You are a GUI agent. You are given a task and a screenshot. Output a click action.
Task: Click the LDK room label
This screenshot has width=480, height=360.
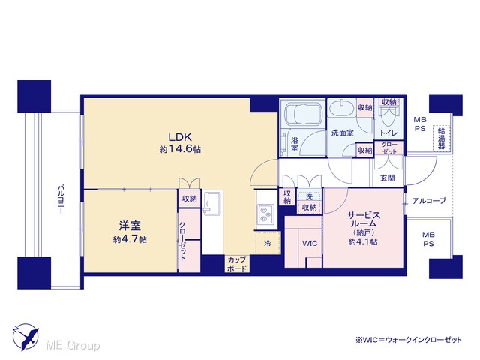pyautogui.click(x=181, y=136)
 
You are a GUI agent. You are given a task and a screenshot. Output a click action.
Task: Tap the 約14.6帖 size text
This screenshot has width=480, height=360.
pyautogui.click(x=180, y=149)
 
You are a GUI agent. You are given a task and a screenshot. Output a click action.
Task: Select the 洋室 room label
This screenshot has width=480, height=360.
pyautogui.click(x=130, y=226)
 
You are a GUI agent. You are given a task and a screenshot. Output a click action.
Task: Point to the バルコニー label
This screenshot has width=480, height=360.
pyautogui.click(x=61, y=199)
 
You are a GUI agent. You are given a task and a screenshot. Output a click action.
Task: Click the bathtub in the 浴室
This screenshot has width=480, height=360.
pyautogui.click(x=303, y=113)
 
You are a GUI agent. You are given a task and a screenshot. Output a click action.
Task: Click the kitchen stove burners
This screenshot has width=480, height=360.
pyautogui.click(x=263, y=214)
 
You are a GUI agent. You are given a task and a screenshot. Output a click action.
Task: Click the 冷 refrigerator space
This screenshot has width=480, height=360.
pyautogui.click(x=268, y=243)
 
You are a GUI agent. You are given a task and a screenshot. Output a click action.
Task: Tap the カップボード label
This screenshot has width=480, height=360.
pyautogui.click(x=237, y=264)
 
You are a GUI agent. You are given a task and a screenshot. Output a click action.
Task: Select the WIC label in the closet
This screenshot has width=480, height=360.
pyautogui.click(x=310, y=243)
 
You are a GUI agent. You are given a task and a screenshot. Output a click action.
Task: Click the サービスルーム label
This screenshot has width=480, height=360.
pyautogui.click(x=364, y=219)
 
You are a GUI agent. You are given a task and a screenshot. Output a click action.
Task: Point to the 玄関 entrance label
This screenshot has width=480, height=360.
pyautogui.click(x=388, y=178)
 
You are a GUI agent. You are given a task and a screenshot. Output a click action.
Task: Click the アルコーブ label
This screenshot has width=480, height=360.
pyautogui.click(x=429, y=201)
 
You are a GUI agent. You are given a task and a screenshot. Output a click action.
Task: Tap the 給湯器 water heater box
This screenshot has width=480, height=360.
pyautogui.click(x=442, y=138)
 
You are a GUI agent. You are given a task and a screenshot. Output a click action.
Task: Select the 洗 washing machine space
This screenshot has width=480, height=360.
pyautogui.click(x=310, y=196)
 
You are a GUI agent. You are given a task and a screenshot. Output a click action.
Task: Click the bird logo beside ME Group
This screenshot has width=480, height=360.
pyautogui.click(x=26, y=337)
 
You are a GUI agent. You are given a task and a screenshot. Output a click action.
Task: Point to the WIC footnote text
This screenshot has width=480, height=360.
pyautogui.click(x=408, y=340)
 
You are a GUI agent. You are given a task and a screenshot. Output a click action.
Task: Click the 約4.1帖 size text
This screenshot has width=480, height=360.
pyautogui.click(x=363, y=241)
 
